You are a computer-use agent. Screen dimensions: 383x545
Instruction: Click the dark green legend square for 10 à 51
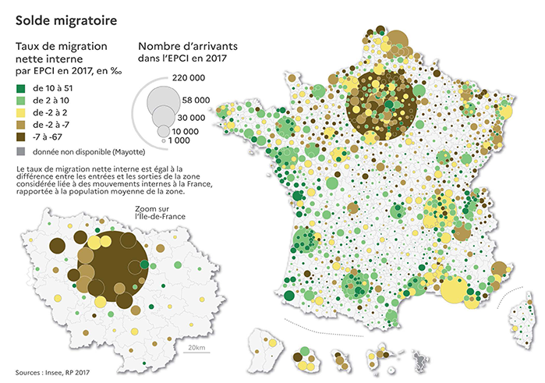(20, 89)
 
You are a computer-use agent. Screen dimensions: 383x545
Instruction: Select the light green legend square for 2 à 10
(20, 101)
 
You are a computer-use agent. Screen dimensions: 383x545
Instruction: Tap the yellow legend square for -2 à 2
(20, 113)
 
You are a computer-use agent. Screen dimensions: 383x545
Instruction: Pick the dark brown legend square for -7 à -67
(20, 137)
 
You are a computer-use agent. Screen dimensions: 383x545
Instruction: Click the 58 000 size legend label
(196, 101)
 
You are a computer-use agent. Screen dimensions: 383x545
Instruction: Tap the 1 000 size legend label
(180, 140)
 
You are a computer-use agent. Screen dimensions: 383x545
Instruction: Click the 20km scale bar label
(197, 346)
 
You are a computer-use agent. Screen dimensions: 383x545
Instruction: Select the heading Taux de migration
(62, 46)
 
